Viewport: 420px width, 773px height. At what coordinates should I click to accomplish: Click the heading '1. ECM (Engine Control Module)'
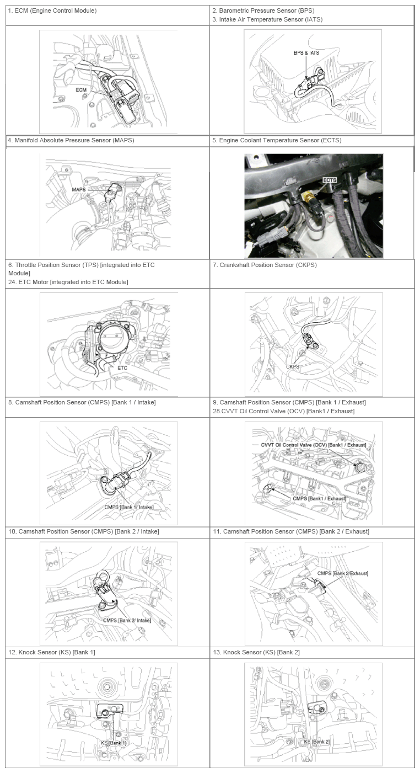[x=52, y=10]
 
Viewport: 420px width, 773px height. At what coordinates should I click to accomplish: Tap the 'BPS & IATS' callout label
[x=306, y=53]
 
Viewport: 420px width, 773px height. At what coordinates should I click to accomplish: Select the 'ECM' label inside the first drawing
[x=82, y=90]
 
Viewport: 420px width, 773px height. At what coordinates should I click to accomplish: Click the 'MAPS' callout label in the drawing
[x=79, y=189]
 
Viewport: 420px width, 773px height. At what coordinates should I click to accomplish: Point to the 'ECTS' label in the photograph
[x=330, y=180]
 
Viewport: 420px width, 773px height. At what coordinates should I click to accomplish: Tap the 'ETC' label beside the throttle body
[x=122, y=368]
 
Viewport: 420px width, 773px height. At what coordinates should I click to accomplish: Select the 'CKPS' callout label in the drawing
[x=293, y=366]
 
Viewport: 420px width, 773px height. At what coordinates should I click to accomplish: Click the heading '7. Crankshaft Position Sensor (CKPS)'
[x=265, y=265]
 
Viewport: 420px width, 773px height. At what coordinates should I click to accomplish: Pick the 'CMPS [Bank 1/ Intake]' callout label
[x=129, y=507]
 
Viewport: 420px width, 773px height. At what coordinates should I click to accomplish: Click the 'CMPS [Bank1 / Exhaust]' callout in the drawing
[x=319, y=498]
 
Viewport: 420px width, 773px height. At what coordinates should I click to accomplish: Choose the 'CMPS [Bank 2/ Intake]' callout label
[x=127, y=620]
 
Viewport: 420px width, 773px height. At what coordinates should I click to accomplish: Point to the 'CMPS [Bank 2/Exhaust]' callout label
[x=343, y=573]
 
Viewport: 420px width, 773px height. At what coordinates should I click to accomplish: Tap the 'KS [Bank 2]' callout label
[x=316, y=742]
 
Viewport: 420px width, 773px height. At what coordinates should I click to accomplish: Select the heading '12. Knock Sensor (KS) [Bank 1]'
[x=52, y=652]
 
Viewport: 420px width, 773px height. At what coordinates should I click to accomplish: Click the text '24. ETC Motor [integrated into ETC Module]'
[x=68, y=282]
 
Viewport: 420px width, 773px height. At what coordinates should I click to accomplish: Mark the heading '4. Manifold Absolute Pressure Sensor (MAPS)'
[x=71, y=141]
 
